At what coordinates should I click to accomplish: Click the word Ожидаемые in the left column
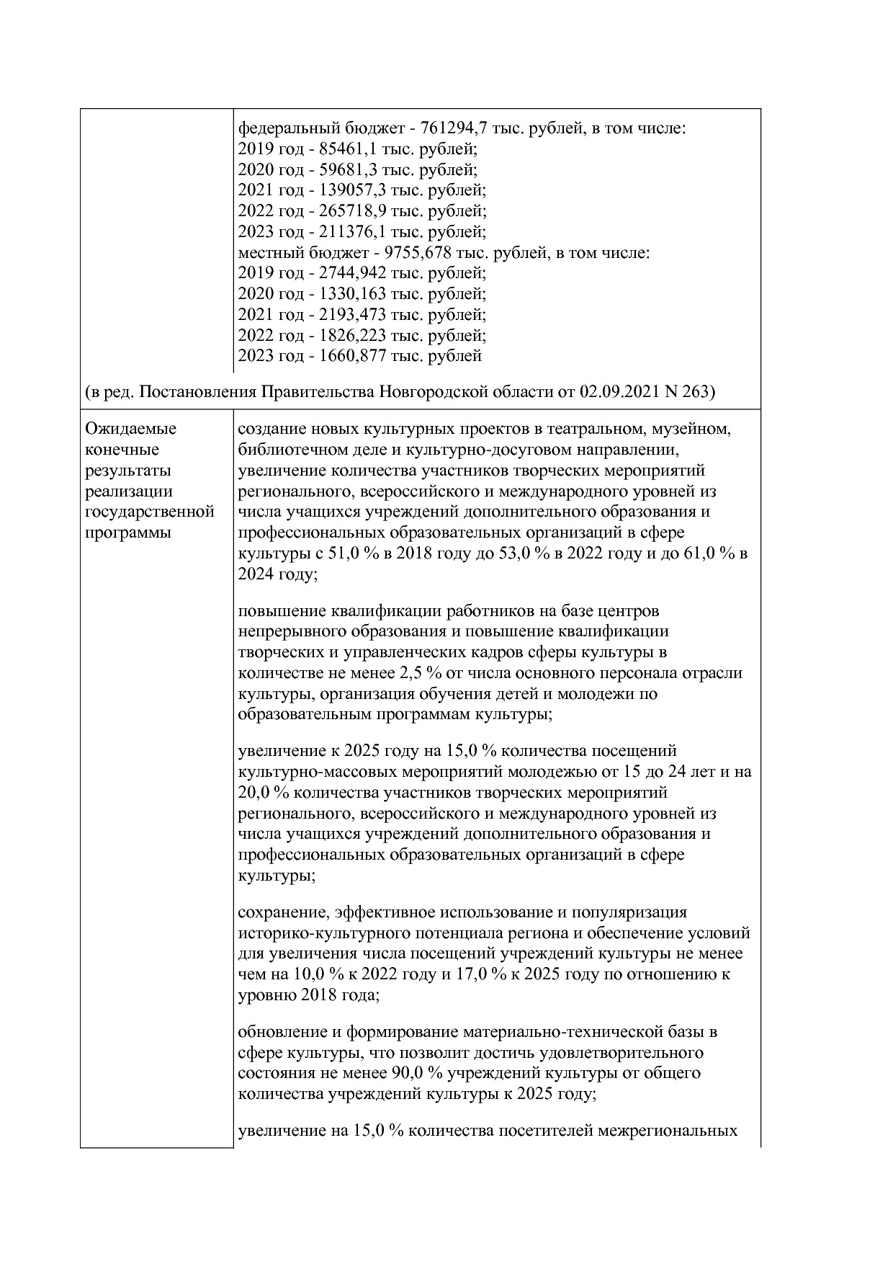(130, 429)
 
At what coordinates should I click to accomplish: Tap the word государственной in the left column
(150, 512)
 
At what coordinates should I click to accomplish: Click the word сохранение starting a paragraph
(282, 912)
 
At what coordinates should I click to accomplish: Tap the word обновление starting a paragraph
(284, 1032)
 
